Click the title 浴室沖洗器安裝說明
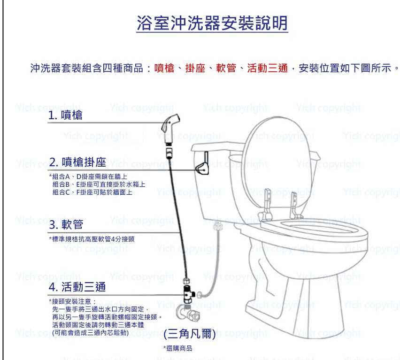[x=212, y=23]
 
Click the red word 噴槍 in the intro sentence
[x=164, y=68]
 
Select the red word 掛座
[x=195, y=68]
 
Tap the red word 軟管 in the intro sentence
[x=226, y=68]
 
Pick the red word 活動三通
[x=267, y=68]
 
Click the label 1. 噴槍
[x=65, y=115]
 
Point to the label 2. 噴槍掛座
[x=77, y=162]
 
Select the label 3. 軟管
[x=66, y=225]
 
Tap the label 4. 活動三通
[x=77, y=287]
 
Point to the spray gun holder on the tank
[x=202, y=164]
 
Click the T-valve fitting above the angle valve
[x=189, y=294]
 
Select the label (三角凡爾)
[x=190, y=334]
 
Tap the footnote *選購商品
[x=177, y=348]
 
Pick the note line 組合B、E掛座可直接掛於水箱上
[x=99, y=184]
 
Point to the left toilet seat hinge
[x=266, y=206]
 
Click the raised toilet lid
[x=277, y=163]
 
